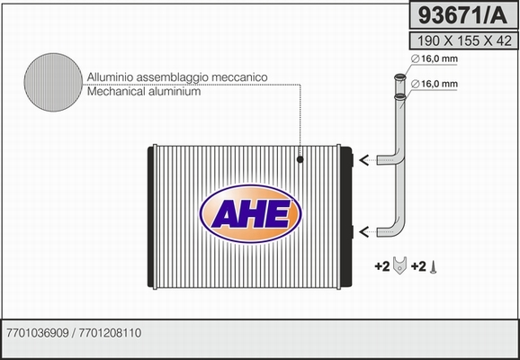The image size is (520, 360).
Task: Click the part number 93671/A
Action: [x=463, y=15]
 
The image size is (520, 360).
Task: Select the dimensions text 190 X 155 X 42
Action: [x=464, y=41]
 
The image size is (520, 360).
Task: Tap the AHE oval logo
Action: [x=251, y=213]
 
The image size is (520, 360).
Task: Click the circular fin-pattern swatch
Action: [x=53, y=82]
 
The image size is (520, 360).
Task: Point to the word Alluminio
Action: [x=111, y=77]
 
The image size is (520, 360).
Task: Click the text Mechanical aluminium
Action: [x=144, y=91]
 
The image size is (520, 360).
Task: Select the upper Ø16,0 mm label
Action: [x=435, y=59]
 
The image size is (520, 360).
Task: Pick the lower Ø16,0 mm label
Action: [x=435, y=85]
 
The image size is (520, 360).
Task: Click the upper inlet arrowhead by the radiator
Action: [x=363, y=160]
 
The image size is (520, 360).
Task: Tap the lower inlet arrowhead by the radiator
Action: [x=363, y=231]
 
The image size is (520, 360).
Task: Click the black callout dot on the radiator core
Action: [x=300, y=159]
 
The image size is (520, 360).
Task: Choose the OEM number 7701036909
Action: [x=38, y=333]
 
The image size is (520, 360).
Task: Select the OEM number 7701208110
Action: [x=110, y=333]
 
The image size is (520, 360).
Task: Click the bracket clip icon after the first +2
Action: [x=399, y=265]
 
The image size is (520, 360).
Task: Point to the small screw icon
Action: [x=433, y=267]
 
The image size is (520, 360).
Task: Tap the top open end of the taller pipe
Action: [x=400, y=77]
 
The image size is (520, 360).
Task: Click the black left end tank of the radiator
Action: [x=150, y=217]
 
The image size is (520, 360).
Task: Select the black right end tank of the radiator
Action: [x=345, y=217]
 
